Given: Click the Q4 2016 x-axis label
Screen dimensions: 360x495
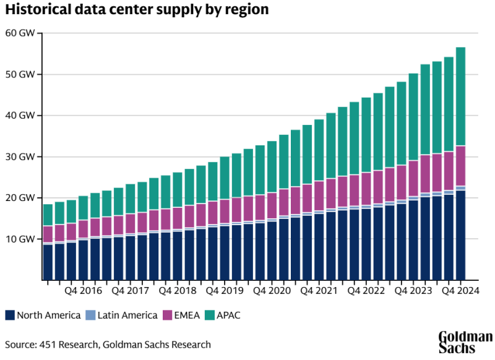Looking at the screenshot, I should click(x=83, y=290).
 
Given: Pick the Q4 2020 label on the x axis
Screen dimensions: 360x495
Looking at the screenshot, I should click(x=272, y=290).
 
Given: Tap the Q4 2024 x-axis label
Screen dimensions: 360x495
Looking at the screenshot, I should click(x=460, y=290).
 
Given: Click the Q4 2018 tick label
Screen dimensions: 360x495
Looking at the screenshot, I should click(x=178, y=290).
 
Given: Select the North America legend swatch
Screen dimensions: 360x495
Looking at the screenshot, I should click(x=10, y=315).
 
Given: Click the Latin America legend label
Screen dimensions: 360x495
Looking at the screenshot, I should click(x=127, y=315).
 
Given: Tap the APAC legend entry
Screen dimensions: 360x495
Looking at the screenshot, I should click(x=229, y=315).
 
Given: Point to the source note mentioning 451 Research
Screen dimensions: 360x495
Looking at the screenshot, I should click(x=108, y=345).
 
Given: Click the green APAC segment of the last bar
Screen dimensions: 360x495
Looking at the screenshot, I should click(x=460, y=96).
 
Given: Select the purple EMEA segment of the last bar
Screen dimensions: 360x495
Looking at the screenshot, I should click(x=460, y=166).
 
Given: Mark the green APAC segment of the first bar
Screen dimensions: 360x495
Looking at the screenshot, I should click(x=48, y=215).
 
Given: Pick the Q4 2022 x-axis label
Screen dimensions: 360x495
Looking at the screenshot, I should click(x=366, y=290).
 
